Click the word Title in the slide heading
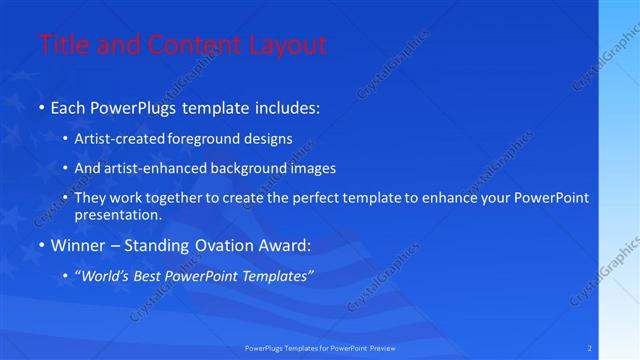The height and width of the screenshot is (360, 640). [x=62, y=45]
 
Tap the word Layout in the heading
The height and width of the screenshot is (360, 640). [x=287, y=45]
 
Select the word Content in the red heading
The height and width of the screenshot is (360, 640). [x=196, y=45]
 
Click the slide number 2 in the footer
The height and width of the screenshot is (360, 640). [x=590, y=348]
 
